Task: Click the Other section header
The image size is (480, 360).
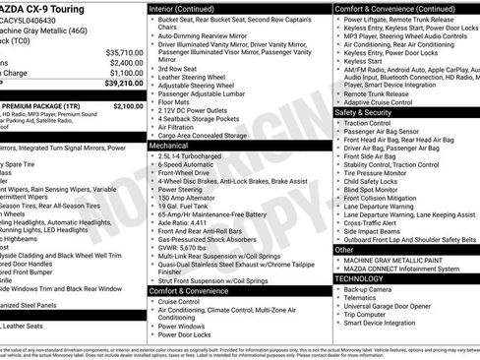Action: click(343, 250)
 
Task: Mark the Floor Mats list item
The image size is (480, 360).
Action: click(175, 100)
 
